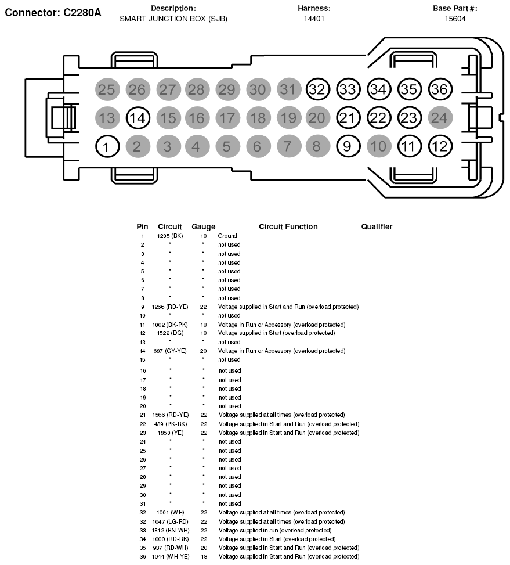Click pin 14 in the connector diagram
[138, 118]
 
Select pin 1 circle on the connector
[106, 146]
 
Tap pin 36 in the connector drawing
[440, 89]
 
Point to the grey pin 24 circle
[440, 118]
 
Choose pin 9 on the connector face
[347, 146]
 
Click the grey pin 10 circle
[378, 146]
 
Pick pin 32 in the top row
[317, 89]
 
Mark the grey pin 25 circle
[106, 89]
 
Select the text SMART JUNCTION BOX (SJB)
[173, 19]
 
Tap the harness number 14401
[314, 19]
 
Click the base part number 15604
[455, 19]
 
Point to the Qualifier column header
[377, 226]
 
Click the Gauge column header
[203, 226]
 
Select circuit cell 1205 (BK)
[170, 236]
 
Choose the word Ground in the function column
[227, 236]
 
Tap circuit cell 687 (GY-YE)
[170, 351]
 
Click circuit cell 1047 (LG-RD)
[170, 521]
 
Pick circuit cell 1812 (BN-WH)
[170, 530]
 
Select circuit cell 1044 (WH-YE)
[170, 557]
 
